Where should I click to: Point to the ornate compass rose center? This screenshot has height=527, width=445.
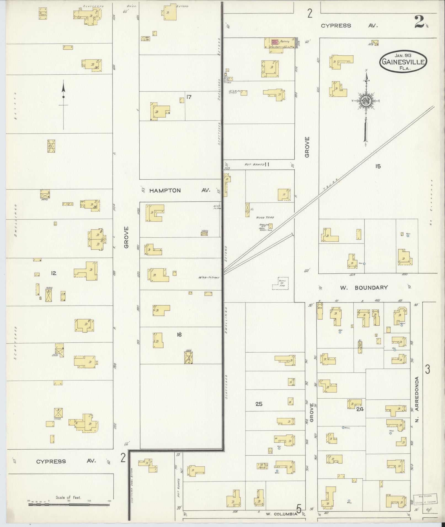[x=366, y=101]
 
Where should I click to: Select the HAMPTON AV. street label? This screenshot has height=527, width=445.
[x=180, y=190]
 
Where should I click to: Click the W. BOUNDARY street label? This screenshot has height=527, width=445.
[x=364, y=288]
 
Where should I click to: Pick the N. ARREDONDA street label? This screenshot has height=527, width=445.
[x=417, y=399]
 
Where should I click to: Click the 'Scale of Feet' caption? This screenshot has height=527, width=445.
[x=68, y=497]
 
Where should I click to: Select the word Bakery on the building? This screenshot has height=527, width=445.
[x=285, y=41]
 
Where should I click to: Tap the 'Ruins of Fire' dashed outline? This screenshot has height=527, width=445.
[x=280, y=283]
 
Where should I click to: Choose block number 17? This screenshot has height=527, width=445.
[x=189, y=97]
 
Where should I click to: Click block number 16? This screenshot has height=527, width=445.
[x=179, y=335]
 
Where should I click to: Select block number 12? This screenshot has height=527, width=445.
[x=54, y=273]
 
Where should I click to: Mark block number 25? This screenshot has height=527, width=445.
[x=259, y=404]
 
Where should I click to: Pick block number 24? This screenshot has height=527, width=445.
[x=360, y=409]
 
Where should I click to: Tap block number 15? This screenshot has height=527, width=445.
[x=378, y=166]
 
